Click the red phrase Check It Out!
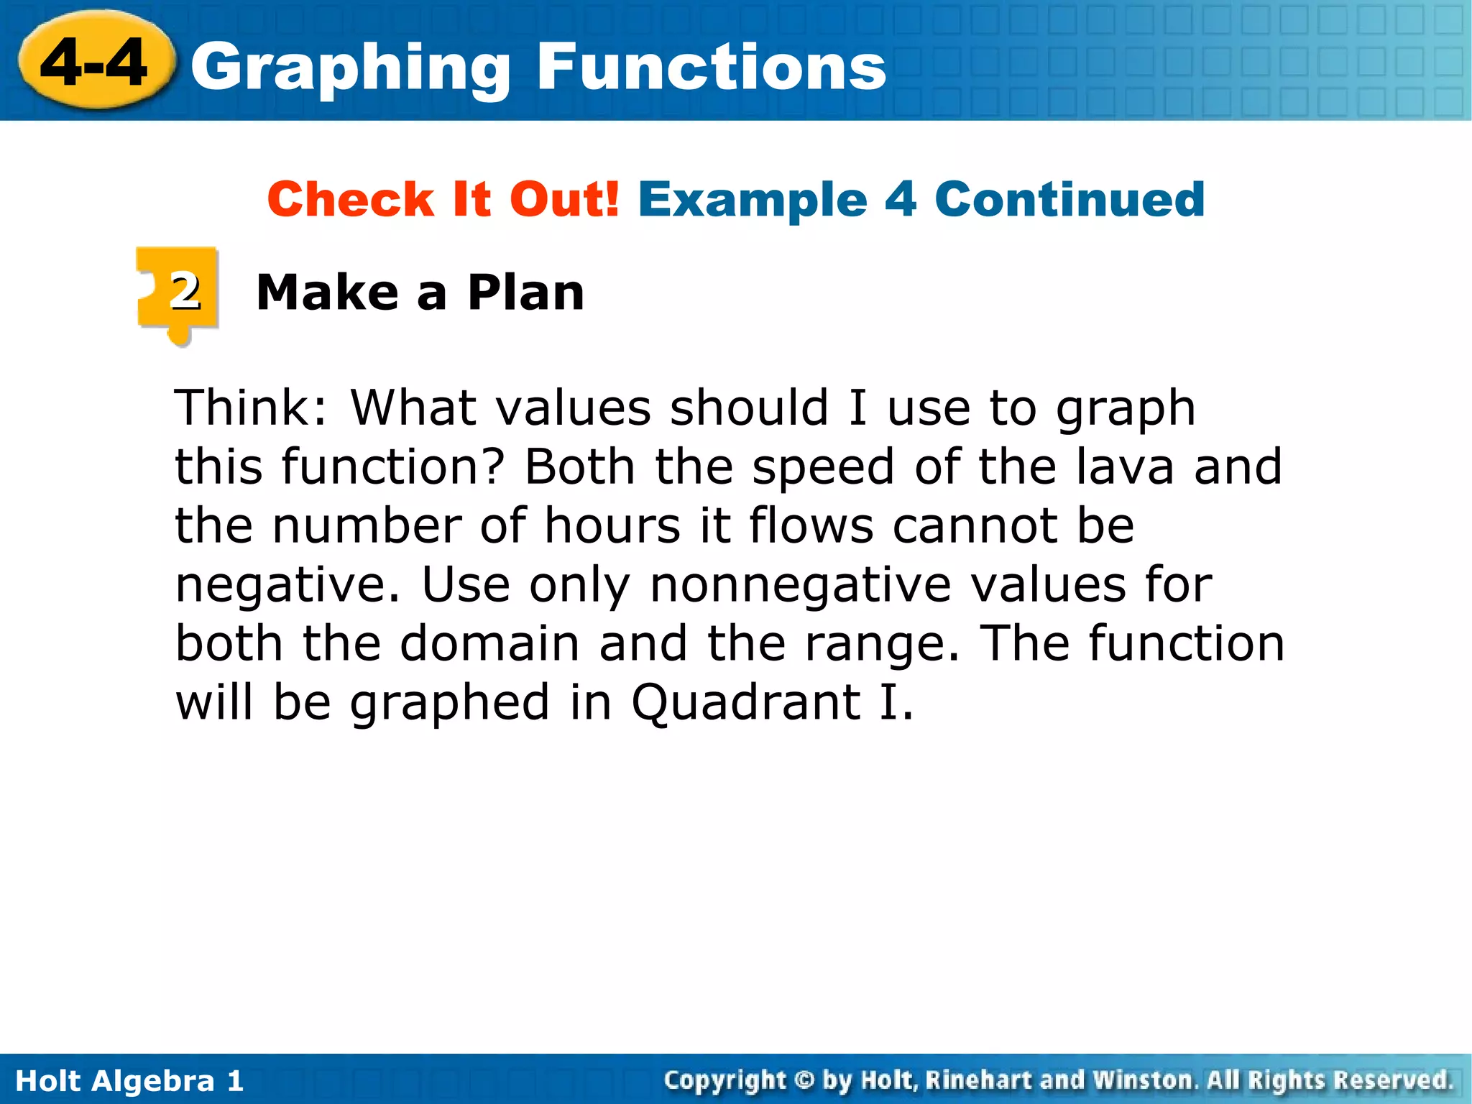click(x=443, y=199)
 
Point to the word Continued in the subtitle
click(x=1069, y=199)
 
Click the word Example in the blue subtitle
click(x=753, y=199)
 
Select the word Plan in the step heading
click(x=525, y=293)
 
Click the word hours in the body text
click(x=612, y=525)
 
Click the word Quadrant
click(x=746, y=704)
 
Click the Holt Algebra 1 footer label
click(x=129, y=1081)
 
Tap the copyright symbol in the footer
click(x=804, y=1080)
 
